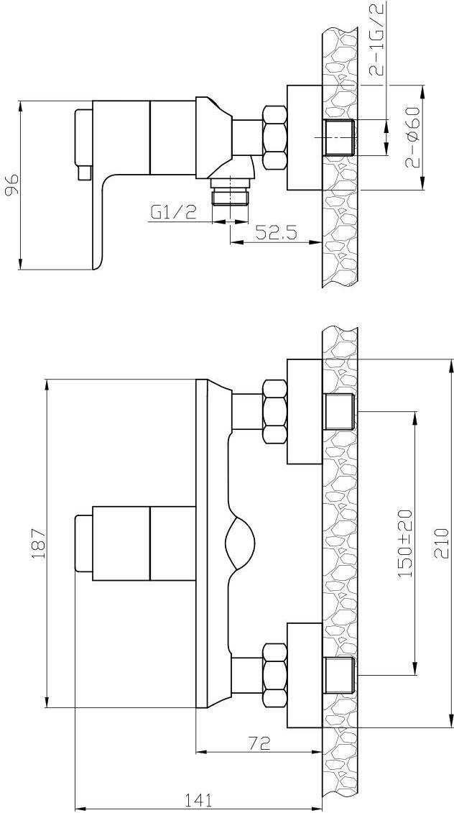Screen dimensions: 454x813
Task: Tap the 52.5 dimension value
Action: [x=277, y=232]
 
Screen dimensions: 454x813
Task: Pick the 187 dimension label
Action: [x=39, y=543]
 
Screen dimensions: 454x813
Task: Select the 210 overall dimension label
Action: [x=440, y=542]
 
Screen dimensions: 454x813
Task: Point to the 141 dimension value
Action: [x=198, y=801]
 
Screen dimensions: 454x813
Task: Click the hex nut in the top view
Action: [x=274, y=137]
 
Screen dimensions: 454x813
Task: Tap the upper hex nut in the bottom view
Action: [x=274, y=412]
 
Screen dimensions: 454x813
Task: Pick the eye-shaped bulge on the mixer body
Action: [x=240, y=543]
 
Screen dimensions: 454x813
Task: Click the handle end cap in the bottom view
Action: [x=83, y=543]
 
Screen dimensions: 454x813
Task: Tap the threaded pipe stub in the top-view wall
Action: [x=338, y=137]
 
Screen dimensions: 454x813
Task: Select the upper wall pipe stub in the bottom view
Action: [x=338, y=412]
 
